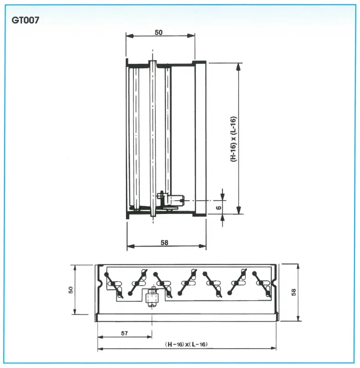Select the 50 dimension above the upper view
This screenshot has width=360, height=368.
[x=159, y=32]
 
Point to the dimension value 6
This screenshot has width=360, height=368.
[x=219, y=207]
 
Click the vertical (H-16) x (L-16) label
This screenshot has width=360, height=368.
[x=234, y=138]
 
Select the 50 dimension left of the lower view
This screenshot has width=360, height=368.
[x=71, y=290]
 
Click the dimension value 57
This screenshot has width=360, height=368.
[x=124, y=334]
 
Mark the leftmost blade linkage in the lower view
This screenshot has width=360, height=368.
[x=114, y=284]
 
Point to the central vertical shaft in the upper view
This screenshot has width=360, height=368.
[x=153, y=138]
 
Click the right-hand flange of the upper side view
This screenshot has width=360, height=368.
[x=200, y=138]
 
